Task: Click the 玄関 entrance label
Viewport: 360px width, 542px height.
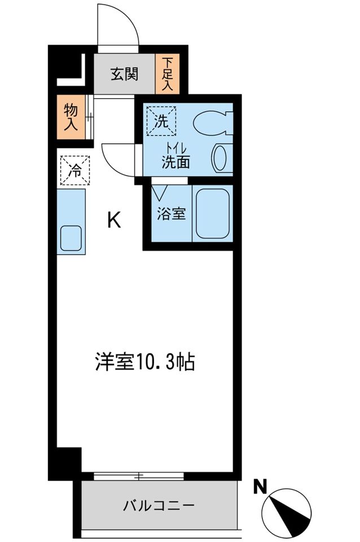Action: click(124, 73)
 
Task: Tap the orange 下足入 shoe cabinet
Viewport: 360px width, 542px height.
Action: click(168, 74)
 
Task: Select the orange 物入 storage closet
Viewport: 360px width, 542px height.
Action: click(71, 117)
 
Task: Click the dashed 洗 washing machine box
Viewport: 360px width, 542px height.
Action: click(161, 121)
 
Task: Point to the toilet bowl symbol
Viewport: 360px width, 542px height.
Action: click(213, 123)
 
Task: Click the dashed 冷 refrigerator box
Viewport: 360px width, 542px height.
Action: click(75, 171)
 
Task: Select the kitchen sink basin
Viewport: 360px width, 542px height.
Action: click(71, 238)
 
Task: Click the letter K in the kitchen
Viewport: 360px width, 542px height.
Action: click(114, 220)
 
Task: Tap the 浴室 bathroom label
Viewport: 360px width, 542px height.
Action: click(172, 213)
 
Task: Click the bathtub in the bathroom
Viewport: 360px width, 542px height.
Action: click(213, 213)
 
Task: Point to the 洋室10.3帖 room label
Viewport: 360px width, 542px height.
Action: click(145, 361)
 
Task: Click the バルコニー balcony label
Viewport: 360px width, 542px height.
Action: click(159, 506)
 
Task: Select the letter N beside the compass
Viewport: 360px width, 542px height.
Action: click(261, 487)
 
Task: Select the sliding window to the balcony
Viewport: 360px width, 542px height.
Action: click(139, 476)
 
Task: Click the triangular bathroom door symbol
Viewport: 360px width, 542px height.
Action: click(160, 193)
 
